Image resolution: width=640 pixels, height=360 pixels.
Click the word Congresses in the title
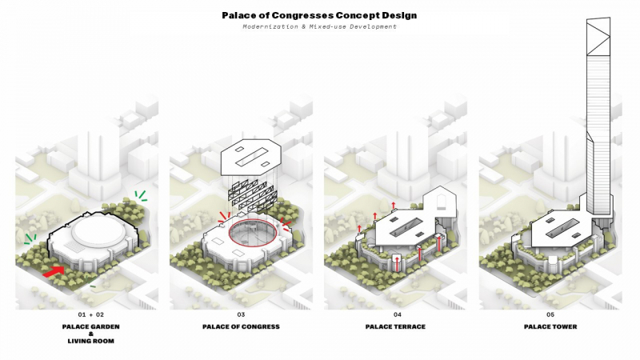[302, 15]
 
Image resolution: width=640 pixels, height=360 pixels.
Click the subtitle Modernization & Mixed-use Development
[319, 26]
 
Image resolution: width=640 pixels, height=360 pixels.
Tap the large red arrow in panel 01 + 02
[54, 271]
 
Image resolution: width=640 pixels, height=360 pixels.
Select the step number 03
[241, 314]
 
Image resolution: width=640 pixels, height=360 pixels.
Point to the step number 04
[397, 314]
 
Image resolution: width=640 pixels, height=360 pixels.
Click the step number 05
[550, 314]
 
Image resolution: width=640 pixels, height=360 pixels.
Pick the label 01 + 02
[90, 314]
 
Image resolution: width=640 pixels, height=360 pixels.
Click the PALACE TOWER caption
[550, 326]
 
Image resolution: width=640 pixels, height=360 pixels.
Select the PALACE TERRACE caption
[395, 326]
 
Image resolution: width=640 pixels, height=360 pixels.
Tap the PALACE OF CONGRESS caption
[241, 326]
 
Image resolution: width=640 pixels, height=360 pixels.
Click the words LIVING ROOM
[90, 341]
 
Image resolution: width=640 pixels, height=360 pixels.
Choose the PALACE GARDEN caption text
[90, 326]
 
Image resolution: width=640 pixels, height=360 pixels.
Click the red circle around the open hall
[253, 218]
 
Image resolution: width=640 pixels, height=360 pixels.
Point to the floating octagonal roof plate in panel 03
[250, 158]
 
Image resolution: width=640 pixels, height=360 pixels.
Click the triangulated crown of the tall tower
[598, 37]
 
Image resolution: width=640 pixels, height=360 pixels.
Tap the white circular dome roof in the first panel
[98, 231]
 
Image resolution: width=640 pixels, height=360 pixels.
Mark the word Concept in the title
[358, 15]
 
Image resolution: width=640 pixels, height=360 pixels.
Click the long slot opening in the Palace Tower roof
[562, 228]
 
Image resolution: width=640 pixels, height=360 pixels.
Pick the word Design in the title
[399, 15]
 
